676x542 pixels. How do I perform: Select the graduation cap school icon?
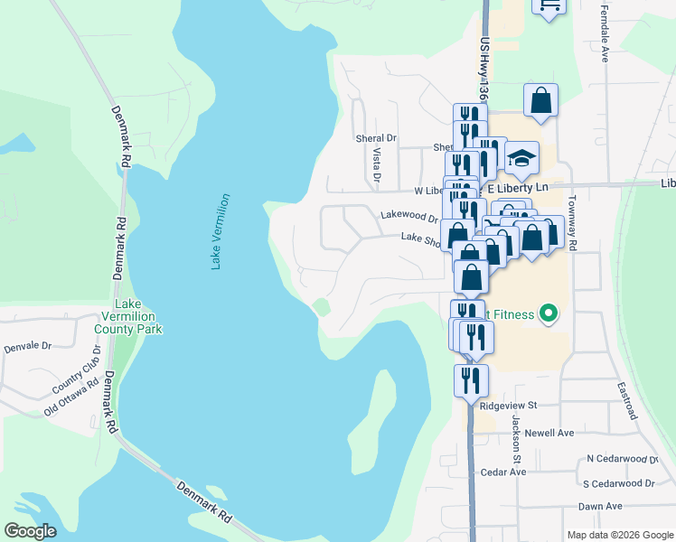[521, 159]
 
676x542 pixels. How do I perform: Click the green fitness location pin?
[547, 315]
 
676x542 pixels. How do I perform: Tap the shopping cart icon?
[549, 6]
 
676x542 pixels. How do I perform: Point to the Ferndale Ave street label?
[603, 33]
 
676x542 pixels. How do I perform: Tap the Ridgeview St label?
[509, 406]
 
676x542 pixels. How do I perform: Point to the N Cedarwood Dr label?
[622, 459]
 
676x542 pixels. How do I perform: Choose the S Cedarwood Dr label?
[619, 483]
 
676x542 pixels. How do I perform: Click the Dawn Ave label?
[601, 507]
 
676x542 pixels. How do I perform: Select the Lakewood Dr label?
[408, 216]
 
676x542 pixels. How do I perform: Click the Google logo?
[31, 531]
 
